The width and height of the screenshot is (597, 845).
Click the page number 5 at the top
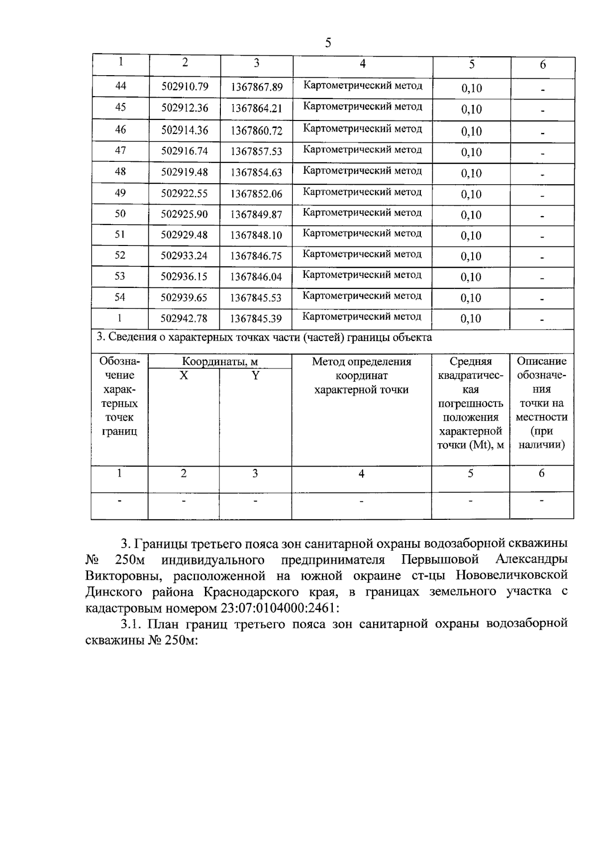[328, 43]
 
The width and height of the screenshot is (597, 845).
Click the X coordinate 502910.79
[185, 87]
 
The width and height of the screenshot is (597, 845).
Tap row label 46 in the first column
[120, 129]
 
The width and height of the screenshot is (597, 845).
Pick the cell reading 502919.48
[185, 172]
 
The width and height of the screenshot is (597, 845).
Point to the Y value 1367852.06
[256, 194]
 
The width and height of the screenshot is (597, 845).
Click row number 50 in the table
[120, 214]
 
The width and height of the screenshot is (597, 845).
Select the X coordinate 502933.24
[185, 256]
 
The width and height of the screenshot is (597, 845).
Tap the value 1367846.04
[256, 277]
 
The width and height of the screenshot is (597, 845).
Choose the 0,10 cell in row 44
[471, 88]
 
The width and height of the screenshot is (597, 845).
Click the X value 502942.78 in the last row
[185, 318]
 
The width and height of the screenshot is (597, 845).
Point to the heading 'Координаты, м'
[219, 362]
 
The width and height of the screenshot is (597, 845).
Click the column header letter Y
[255, 375]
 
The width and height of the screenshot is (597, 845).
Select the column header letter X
[184, 375]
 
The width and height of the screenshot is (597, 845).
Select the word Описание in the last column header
[541, 362]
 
